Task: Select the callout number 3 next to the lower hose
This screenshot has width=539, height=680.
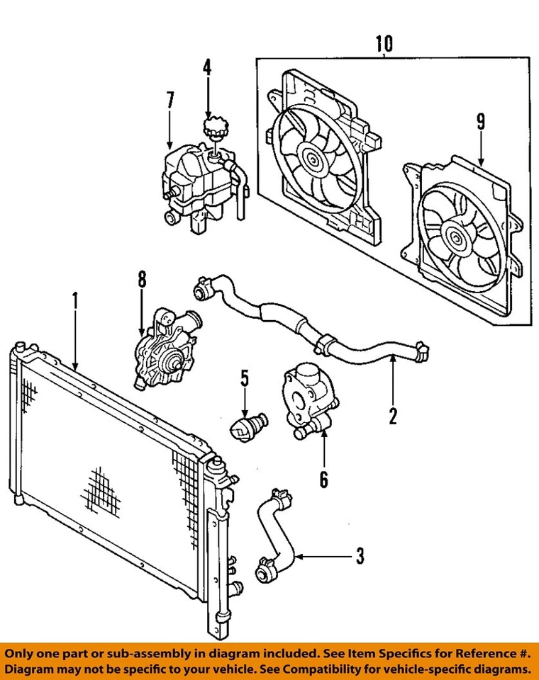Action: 360,556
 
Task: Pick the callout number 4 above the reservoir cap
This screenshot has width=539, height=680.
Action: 207,69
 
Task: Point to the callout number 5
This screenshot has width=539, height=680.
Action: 243,379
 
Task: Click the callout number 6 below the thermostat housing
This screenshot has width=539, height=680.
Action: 323,480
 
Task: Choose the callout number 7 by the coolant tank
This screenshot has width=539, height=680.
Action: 170,101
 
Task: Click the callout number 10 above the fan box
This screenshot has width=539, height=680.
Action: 384,45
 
